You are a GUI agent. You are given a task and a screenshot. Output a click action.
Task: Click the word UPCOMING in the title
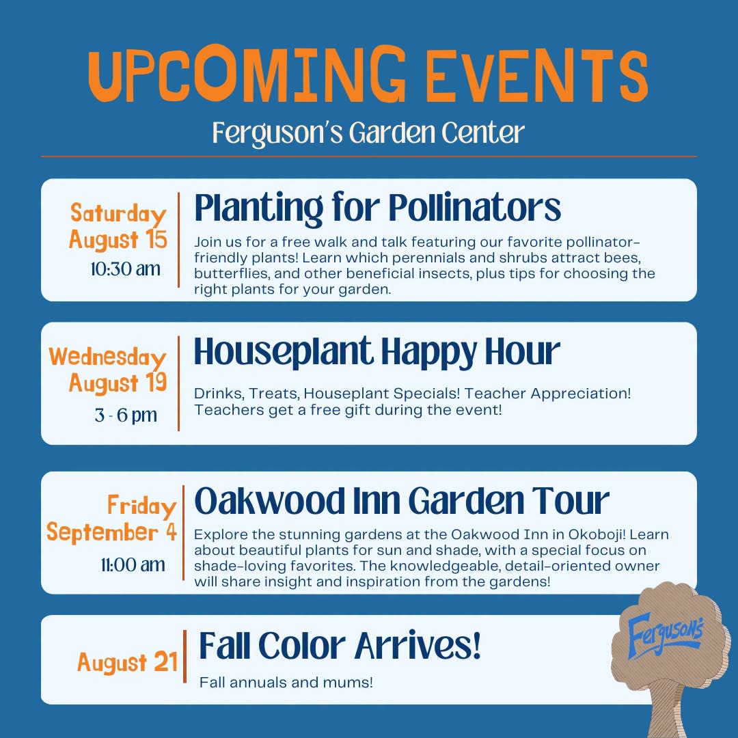point(247,74)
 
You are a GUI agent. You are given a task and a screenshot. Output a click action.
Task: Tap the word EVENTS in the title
point(536,75)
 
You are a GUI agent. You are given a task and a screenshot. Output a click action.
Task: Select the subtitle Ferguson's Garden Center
point(368,133)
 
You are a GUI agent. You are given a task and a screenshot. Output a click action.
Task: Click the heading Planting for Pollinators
point(377,208)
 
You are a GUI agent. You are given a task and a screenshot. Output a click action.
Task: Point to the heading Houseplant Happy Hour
point(377,353)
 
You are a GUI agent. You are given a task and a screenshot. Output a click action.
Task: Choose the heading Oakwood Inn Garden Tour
point(402,501)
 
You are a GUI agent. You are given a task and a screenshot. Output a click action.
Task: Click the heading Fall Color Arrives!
point(340,646)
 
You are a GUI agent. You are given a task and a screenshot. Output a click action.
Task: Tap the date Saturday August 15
point(118,226)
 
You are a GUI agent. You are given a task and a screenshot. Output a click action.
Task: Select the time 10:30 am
point(126,269)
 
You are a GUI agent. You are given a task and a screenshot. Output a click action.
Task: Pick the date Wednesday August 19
point(108,370)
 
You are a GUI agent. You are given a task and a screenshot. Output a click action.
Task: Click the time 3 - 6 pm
point(126,415)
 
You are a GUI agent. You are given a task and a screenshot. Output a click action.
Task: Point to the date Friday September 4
point(111,518)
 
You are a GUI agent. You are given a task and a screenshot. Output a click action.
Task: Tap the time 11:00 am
point(133,565)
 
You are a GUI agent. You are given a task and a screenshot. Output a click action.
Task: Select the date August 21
point(128,662)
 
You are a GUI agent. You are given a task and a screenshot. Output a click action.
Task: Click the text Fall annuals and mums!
point(286,682)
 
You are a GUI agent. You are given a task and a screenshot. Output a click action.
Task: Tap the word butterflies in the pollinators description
point(232,273)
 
